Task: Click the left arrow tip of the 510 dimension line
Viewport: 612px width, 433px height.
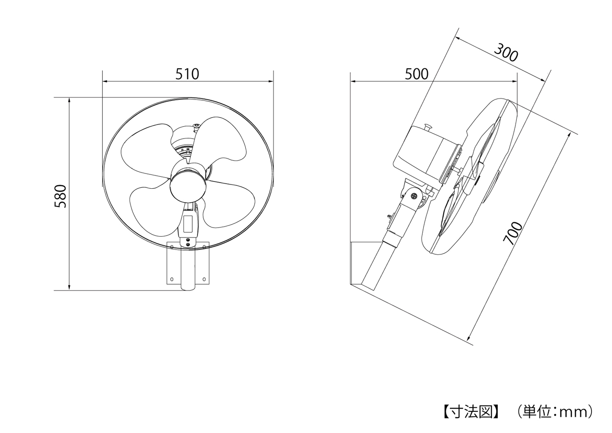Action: point(103,81)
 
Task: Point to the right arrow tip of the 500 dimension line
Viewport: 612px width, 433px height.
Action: point(517,81)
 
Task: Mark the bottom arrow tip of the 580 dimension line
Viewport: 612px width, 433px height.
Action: point(69,290)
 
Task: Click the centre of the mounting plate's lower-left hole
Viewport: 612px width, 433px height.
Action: point(172,279)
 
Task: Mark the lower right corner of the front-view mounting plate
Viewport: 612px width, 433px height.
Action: point(209,284)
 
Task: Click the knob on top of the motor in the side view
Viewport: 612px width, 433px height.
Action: point(428,127)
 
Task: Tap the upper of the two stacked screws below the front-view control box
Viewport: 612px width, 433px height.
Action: point(188,240)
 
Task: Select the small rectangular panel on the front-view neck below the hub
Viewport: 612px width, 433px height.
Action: point(188,223)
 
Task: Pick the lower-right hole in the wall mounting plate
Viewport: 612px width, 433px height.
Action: point(204,279)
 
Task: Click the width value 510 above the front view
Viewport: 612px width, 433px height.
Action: point(187,74)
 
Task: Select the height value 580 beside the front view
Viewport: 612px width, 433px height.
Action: point(61,196)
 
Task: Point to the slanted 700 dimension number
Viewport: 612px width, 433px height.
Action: point(513,233)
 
